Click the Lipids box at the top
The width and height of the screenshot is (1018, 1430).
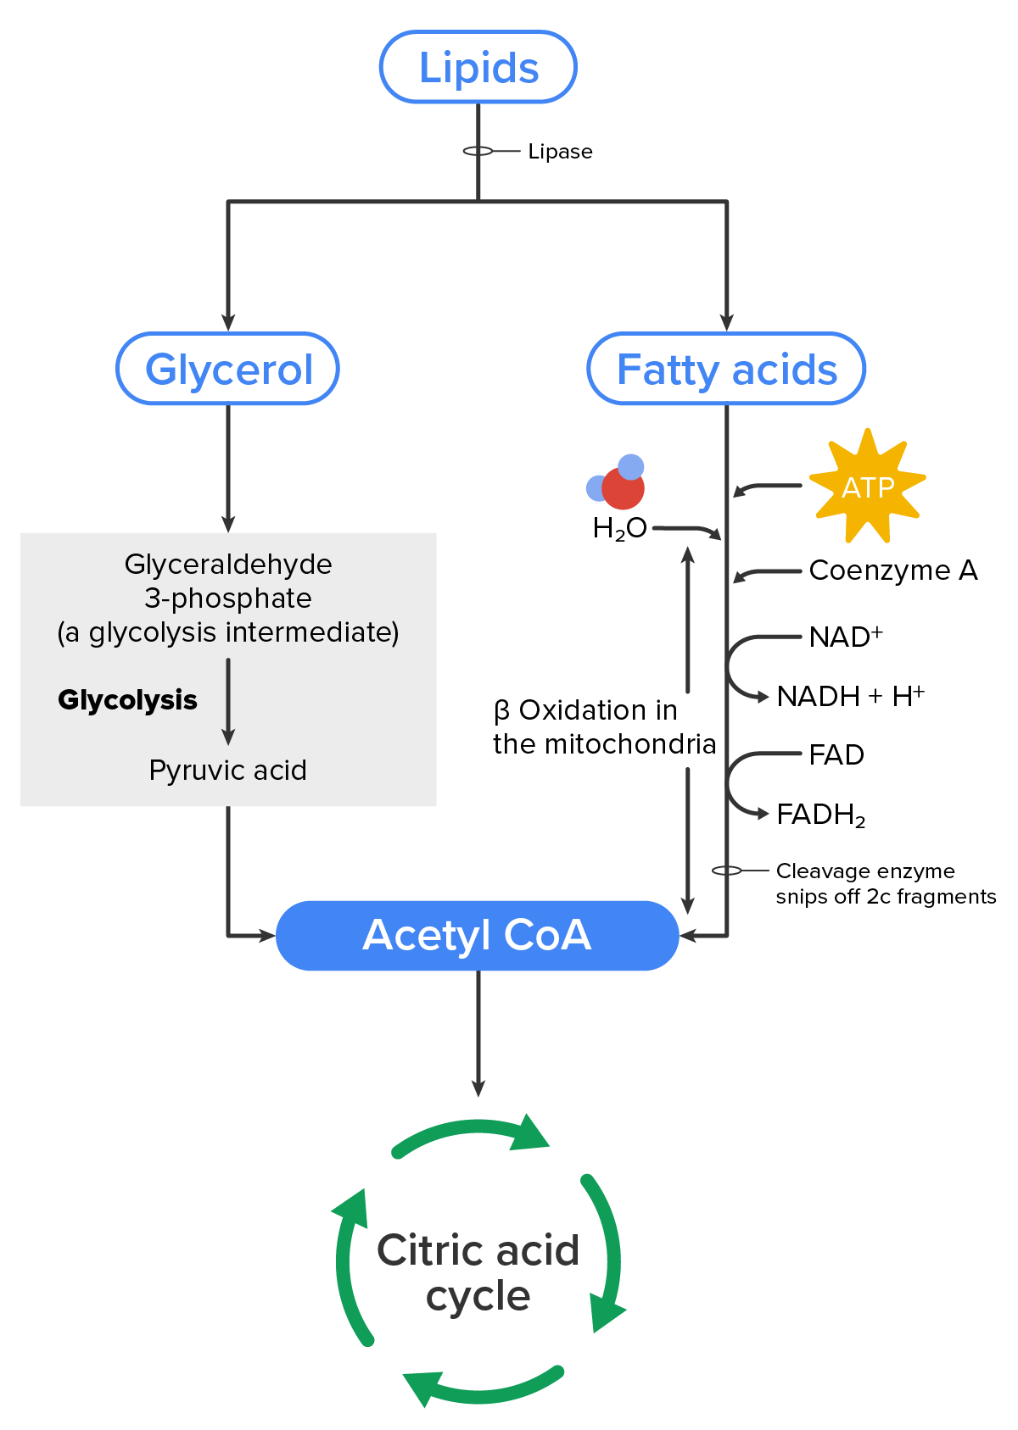click(478, 68)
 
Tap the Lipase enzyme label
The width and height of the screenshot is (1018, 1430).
click(560, 152)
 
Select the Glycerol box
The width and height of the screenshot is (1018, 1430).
click(228, 370)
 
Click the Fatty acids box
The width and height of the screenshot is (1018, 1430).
click(726, 370)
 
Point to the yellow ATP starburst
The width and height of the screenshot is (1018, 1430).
click(867, 487)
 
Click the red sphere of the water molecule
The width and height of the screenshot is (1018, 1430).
click(623, 488)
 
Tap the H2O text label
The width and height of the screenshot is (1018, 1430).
click(619, 529)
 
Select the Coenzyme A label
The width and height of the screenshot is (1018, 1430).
click(892, 570)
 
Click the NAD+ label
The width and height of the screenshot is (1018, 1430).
click(845, 637)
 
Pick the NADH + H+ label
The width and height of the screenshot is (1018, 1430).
click(850, 696)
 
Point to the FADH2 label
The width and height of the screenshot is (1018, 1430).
click(820, 815)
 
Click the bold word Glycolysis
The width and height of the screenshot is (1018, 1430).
click(127, 700)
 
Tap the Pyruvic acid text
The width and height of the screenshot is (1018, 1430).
click(227, 771)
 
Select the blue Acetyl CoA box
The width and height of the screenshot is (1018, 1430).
click(478, 936)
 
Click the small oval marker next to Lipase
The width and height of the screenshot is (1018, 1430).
click(478, 151)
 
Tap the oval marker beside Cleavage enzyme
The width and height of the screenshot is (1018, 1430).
click(727, 871)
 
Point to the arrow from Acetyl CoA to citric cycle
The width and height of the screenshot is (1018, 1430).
click(478, 1034)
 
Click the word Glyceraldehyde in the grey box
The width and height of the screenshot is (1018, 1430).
click(227, 565)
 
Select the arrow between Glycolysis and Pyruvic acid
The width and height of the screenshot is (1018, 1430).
click(228, 701)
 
